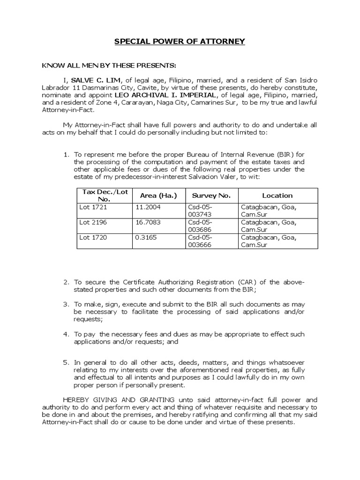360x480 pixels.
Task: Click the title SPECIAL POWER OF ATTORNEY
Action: point(180,42)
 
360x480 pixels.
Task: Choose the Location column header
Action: point(277,195)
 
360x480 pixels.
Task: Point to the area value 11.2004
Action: point(148,207)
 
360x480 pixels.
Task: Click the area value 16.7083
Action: point(148,222)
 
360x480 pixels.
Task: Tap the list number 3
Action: point(66,305)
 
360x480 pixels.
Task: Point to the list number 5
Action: point(66,363)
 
